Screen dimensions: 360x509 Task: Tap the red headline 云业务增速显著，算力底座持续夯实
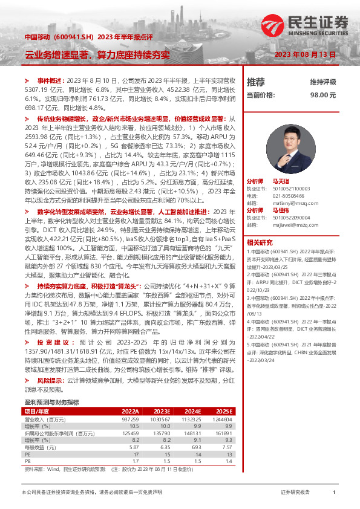[x=97, y=55]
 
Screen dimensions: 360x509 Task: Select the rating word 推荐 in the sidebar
[x=255, y=82]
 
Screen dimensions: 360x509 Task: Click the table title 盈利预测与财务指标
[x=51, y=384]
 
